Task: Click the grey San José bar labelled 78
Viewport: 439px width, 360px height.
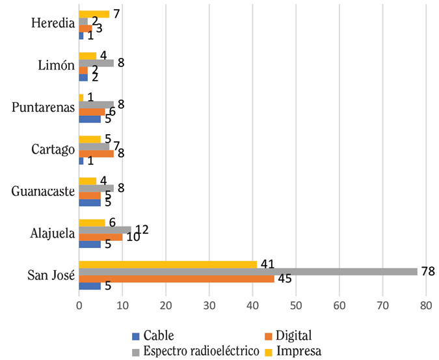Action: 247,271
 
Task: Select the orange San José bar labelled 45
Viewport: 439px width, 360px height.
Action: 176,279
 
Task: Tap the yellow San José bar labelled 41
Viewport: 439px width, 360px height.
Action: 167,264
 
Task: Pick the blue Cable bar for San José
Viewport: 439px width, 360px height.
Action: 89,286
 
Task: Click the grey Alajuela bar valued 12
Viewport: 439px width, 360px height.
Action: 104,230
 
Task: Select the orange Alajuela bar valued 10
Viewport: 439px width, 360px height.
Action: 100,237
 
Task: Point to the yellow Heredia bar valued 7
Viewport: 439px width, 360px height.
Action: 94,14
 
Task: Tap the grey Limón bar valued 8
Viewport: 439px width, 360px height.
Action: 96,63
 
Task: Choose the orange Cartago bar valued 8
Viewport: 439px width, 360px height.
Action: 96,154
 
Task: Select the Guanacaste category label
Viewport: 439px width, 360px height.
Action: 41,191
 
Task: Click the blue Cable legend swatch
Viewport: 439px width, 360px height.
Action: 135,336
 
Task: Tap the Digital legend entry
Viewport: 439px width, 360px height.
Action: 292,336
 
